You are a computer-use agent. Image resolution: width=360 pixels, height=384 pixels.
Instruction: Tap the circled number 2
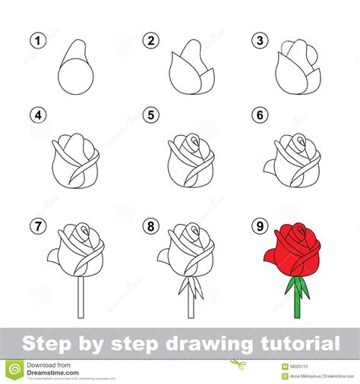(x=150, y=40)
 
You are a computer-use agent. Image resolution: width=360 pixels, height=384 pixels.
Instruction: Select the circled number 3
(x=261, y=40)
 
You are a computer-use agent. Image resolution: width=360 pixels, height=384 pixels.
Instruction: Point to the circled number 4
(x=34, y=116)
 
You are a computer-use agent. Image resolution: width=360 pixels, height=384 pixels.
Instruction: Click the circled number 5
(x=150, y=116)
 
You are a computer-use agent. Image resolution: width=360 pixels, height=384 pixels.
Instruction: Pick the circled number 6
(x=261, y=116)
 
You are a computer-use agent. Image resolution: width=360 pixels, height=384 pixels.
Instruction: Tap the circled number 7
(x=34, y=225)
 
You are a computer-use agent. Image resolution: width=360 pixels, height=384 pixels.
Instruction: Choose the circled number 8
(x=150, y=225)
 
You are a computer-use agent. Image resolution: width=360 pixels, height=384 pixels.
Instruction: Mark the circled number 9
(x=261, y=225)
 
